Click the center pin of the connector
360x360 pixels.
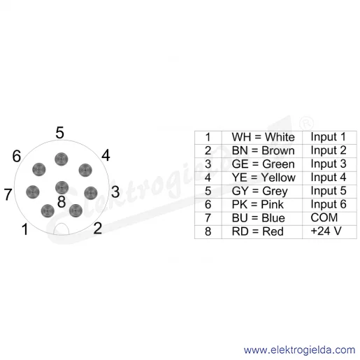point(62,187)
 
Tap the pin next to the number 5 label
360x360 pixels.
point(62,159)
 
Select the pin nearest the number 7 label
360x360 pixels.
point(33,192)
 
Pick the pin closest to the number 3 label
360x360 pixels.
point(91,193)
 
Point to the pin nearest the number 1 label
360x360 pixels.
point(48,211)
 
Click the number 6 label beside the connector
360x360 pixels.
point(16,156)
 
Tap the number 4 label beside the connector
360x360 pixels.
point(106,155)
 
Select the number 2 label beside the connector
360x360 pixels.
point(98,228)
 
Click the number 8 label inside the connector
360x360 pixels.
point(62,201)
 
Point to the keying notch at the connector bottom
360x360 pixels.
point(62,229)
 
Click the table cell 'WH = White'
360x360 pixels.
point(262,137)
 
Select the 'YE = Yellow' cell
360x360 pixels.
point(262,178)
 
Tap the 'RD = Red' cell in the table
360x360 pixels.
point(262,232)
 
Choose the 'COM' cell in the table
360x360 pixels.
point(329,218)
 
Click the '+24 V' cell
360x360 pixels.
point(329,232)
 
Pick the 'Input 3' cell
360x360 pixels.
point(329,164)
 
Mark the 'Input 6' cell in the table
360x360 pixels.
point(329,205)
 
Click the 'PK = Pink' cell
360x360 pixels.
point(262,205)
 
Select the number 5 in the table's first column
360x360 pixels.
point(208,192)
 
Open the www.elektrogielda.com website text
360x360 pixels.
point(299,350)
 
